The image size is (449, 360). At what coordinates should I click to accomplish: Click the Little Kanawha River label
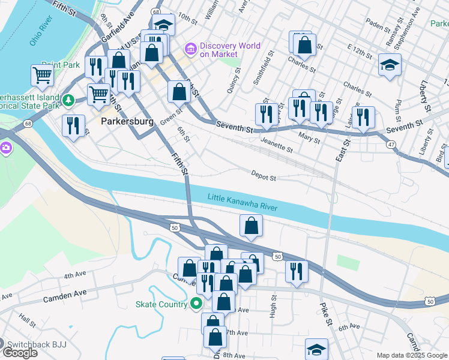point(243,202)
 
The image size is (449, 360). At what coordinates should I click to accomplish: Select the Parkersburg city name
point(127,121)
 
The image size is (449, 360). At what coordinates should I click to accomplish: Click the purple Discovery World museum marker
point(191,47)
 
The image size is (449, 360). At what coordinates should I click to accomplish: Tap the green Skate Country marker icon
point(196,305)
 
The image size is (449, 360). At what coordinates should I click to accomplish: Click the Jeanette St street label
point(277,145)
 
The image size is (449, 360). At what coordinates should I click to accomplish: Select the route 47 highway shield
point(391,145)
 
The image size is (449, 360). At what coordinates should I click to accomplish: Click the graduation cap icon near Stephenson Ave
point(390,65)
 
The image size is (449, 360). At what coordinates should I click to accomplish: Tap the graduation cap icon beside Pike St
point(316,350)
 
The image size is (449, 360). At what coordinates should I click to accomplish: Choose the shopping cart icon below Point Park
point(42,75)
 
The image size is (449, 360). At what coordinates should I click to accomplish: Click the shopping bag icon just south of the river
point(251,226)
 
